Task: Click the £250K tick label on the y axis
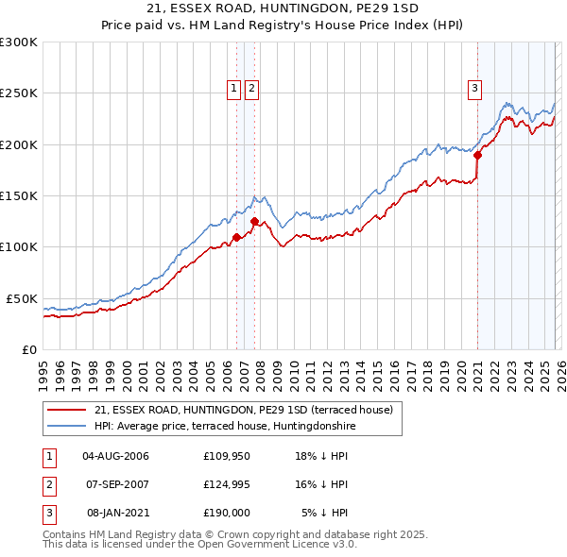coord(19,93)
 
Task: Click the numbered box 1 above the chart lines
coord(233,90)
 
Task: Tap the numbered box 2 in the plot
coord(252,90)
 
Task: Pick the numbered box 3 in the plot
coord(473,90)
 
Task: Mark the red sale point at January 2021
coord(477,156)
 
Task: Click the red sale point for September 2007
coord(255,222)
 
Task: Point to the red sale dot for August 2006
coord(236,237)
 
